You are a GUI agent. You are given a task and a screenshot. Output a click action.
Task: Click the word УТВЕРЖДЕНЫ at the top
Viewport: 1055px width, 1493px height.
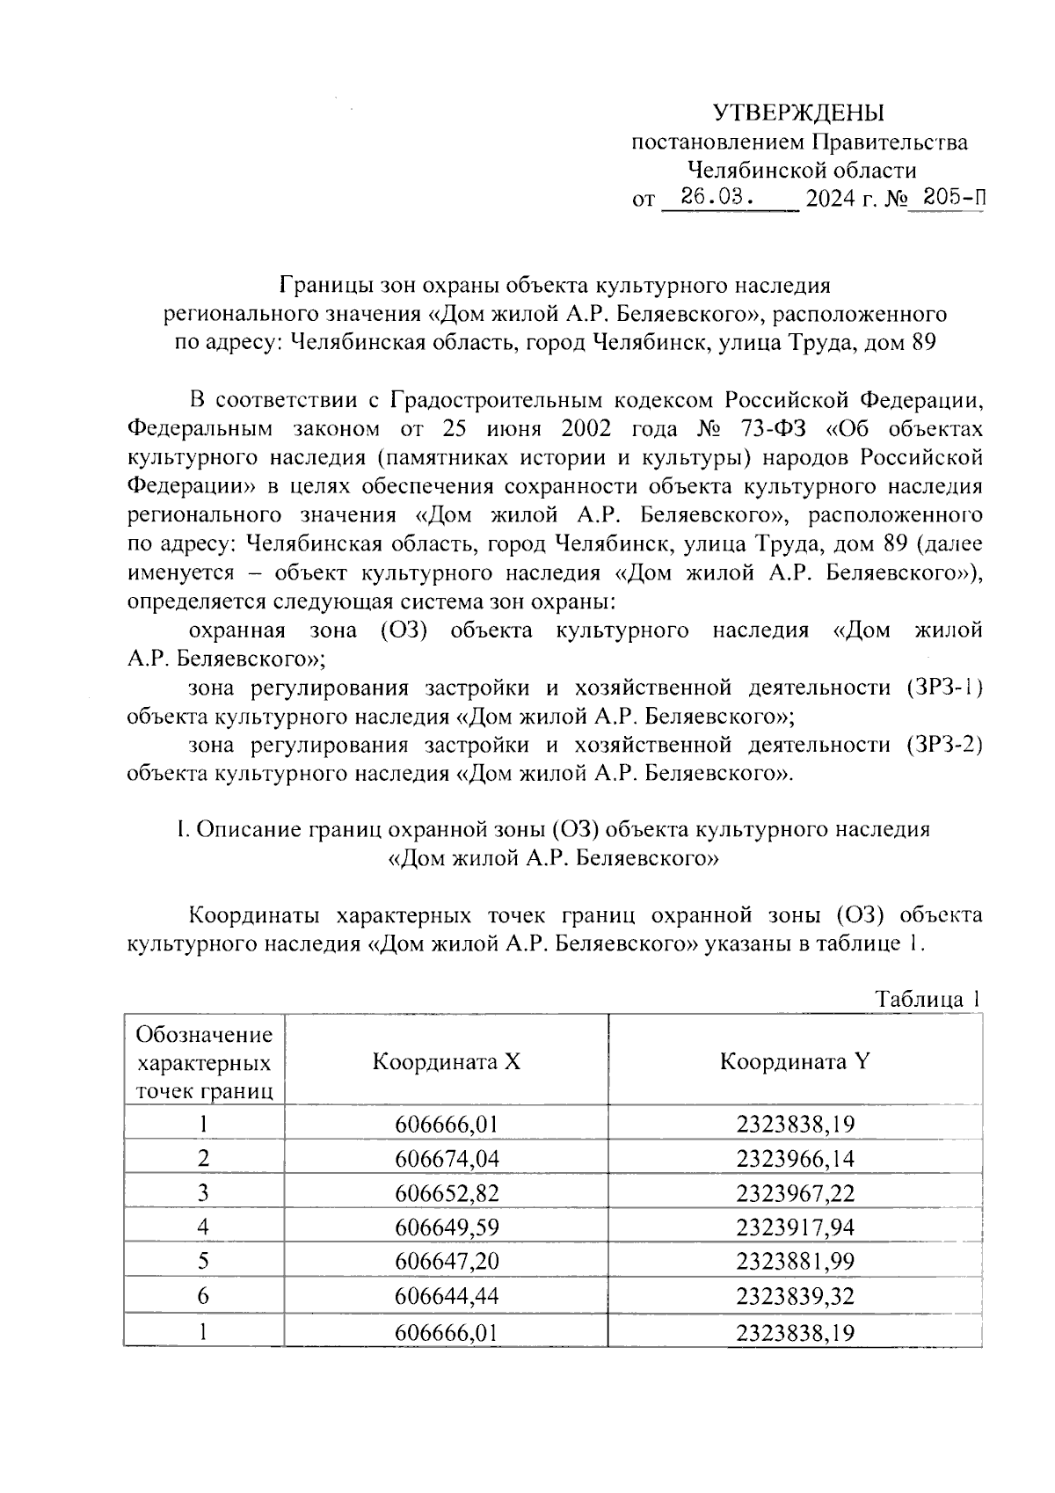798,113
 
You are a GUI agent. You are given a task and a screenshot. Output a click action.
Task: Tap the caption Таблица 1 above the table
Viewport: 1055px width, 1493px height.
927,1000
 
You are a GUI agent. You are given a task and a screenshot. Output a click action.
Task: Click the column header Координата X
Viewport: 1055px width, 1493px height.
447,1061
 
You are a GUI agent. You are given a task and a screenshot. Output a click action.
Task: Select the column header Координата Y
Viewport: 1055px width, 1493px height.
795,1061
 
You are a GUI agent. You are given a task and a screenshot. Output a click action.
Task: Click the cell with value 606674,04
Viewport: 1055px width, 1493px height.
447,1159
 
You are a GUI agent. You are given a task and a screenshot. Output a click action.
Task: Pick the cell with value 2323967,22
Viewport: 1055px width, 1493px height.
795,1193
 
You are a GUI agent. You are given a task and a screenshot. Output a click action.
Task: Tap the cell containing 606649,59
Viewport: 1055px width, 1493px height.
447,1227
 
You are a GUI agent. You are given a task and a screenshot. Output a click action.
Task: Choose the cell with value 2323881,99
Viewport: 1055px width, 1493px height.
795,1262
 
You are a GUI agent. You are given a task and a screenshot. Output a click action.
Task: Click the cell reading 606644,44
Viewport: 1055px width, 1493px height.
447,1296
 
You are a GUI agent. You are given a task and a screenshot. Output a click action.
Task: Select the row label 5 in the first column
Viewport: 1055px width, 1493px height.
204,1262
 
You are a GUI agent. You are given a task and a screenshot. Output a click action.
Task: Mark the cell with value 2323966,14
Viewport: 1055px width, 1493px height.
795,1159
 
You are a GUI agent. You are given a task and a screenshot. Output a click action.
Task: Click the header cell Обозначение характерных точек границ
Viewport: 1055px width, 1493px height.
204,1062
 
